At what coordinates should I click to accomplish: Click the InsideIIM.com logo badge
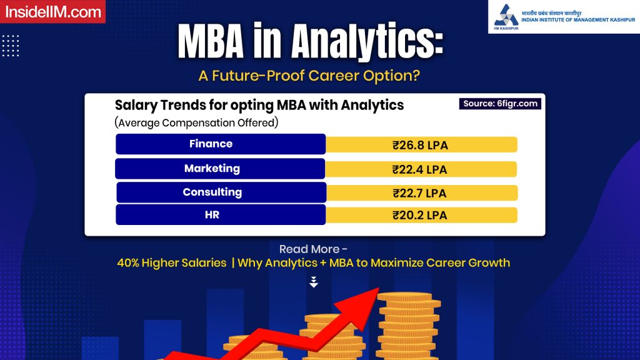point(52,11)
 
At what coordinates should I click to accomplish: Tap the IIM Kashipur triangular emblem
point(506,16)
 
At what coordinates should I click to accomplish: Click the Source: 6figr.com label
point(500,104)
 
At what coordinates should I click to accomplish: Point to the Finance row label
point(211,144)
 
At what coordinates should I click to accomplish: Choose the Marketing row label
point(212,168)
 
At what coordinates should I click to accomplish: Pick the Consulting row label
point(212,192)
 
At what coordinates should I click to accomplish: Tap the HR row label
point(212,215)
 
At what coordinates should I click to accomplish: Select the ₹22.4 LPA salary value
point(419,169)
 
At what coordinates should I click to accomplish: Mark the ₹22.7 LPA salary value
point(419,193)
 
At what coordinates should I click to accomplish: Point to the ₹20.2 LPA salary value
point(419,216)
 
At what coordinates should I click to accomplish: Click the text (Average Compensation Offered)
point(196,122)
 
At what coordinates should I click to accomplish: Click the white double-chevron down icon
point(314,282)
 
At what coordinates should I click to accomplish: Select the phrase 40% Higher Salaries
point(171,263)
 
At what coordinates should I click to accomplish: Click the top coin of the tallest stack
point(406,297)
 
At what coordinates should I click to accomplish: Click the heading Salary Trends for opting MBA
point(259,105)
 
